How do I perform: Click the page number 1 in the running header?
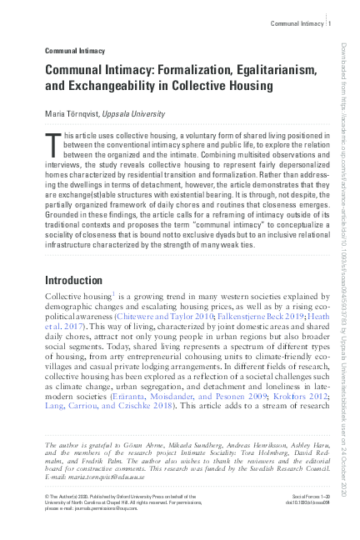pyautogui.click(x=330, y=24)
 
